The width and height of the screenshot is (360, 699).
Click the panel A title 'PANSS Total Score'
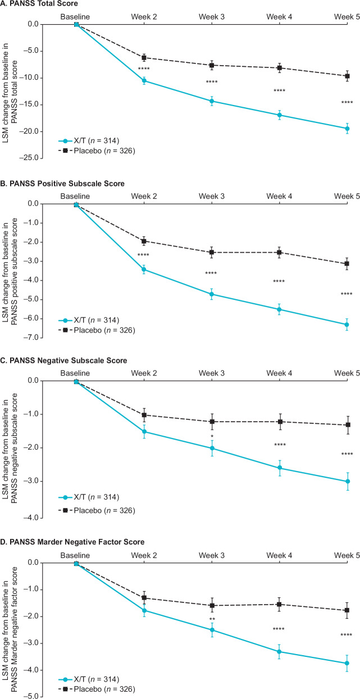pyautogui.click(x=44, y=4)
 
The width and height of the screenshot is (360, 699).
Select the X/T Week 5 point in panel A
pyautogui.click(x=347, y=129)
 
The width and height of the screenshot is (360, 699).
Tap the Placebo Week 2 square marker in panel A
pyautogui.click(x=144, y=58)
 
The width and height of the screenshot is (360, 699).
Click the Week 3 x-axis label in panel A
pyautogui.click(x=211, y=17)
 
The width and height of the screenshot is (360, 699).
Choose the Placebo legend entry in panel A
pyautogui.click(x=97, y=151)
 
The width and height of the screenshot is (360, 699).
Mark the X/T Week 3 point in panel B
pyautogui.click(x=212, y=294)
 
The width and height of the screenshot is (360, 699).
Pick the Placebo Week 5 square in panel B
pyautogui.click(x=347, y=264)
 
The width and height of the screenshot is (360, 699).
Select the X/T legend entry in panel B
pyautogui.click(x=89, y=320)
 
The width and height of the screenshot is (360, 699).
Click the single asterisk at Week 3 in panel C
pyautogui.click(x=212, y=436)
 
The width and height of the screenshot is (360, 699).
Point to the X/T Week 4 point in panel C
pyautogui.click(x=280, y=468)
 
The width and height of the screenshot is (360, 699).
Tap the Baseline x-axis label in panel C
pyautogui.click(x=75, y=373)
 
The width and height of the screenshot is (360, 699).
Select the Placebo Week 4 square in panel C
pyautogui.click(x=280, y=422)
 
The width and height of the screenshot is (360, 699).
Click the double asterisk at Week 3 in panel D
pyautogui.click(x=212, y=619)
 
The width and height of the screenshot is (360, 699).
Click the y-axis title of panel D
pyautogui.click(x=10, y=630)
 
